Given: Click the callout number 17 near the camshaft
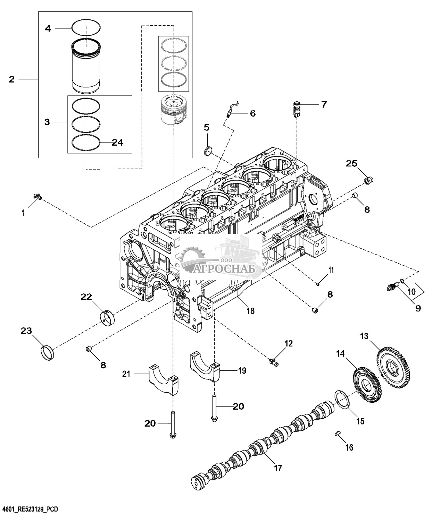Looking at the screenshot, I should tap(278, 468).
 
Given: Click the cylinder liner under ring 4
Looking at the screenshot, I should tap(86, 66).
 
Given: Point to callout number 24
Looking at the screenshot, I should tap(118, 142).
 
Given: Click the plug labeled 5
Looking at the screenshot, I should tap(208, 151).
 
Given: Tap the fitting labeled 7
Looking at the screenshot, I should tap(297, 109).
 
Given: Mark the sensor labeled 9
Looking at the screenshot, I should tap(392, 286).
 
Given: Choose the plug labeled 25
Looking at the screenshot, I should tap(369, 180).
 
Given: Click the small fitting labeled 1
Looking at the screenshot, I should tap(38, 197).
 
